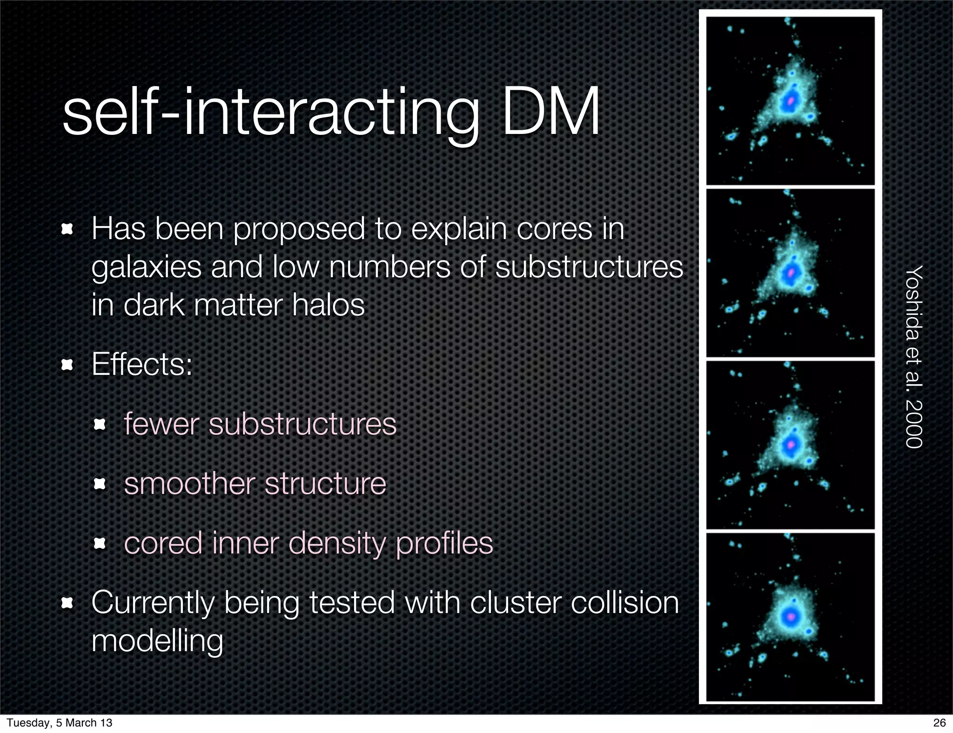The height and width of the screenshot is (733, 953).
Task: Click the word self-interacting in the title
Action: pyautogui.click(x=270, y=113)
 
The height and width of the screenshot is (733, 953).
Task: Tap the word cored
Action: pyautogui.click(x=163, y=543)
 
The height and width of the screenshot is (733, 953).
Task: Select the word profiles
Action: pyautogui.click(x=444, y=544)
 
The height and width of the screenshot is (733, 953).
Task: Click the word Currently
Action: pyautogui.click(x=153, y=603)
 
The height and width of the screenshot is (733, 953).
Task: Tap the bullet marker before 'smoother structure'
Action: pyautogui.click(x=100, y=484)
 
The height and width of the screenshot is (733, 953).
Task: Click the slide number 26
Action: pyautogui.click(x=940, y=722)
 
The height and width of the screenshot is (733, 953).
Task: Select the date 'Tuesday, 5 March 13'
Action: pyautogui.click(x=60, y=722)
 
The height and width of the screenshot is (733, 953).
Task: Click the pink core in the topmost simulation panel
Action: pyautogui.click(x=790, y=100)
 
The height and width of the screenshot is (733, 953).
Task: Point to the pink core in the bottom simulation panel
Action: pyautogui.click(x=790, y=617)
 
